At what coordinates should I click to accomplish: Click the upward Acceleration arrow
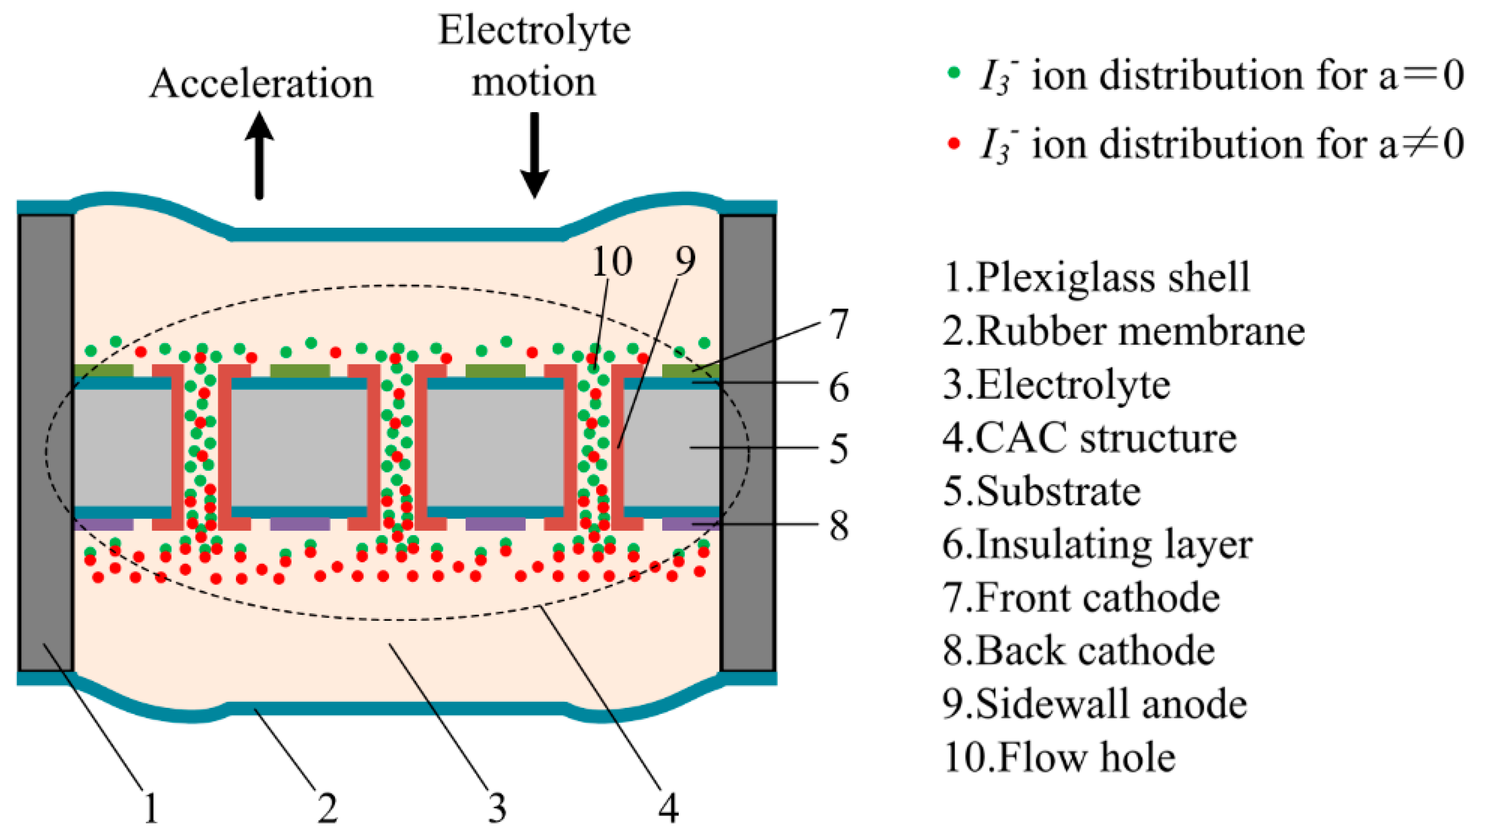point(260,156)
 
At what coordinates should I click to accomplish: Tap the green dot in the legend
point(954,73)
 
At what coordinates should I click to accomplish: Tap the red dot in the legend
point(954,142)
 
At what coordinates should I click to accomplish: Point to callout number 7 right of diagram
point(839,324)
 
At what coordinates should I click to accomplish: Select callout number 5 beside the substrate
point(839,449)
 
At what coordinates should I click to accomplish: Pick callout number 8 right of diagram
point(839,526)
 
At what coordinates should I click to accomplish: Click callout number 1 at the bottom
point(151,808)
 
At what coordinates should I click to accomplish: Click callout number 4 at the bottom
point(668,808)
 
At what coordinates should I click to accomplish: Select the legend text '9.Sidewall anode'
point(1095,704)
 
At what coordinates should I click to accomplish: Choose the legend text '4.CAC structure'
point(1090,438)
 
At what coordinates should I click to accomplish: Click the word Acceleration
point(261,84)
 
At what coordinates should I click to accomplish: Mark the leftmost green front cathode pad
point(104,370)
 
